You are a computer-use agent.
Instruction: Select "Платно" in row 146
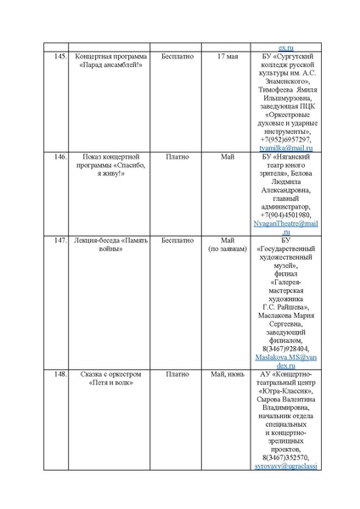[x=177, y=157]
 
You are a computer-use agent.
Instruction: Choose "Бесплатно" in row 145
[x=177, y=56]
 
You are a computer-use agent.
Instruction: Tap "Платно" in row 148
[x=177, y=373]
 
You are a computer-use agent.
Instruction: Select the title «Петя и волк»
[x=110, y=382]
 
